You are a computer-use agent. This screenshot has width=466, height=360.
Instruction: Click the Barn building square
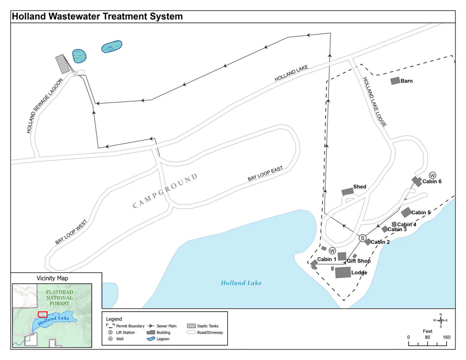tap(395, 81)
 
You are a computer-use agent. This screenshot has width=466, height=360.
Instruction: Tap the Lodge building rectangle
tap(343, 272)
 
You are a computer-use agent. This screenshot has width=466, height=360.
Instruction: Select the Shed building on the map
tap(348, 191)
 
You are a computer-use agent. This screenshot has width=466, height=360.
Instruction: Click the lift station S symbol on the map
tap(362, 238)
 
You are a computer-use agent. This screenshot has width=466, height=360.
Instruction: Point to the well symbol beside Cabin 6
tap(433, 175)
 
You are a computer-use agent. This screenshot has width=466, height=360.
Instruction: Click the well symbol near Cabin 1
tap(332, 251)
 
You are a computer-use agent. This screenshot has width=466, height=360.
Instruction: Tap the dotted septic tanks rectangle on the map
tap(62, 64)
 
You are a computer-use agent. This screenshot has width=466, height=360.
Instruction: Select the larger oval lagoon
tap(111, 47)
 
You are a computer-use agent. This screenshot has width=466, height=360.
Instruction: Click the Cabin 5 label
tap(421, 212)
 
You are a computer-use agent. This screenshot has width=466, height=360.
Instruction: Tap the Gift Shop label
tap(358, 261)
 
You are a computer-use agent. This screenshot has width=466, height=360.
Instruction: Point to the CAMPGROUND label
tap(165, 191)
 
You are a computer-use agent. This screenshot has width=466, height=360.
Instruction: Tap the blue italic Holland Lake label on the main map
tap(241, 283)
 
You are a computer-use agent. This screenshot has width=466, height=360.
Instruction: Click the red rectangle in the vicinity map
tap(43, 314)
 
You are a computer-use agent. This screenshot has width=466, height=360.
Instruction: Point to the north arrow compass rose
tap(441, 320)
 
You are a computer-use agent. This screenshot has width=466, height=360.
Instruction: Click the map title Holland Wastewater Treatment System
tap(97, 17)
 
